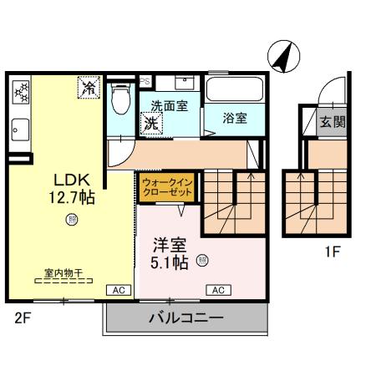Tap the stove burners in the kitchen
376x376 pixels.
(20, 92)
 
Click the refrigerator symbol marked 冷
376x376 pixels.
(89, 86)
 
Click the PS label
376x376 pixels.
(144, 81)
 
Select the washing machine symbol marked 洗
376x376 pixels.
(151, 123)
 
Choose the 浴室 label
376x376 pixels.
(235, 119)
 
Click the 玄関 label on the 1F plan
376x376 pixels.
(333, 122)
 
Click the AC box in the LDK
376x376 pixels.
(117, 290)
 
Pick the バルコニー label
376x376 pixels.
(185, 319)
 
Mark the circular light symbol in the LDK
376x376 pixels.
(72, 220)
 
